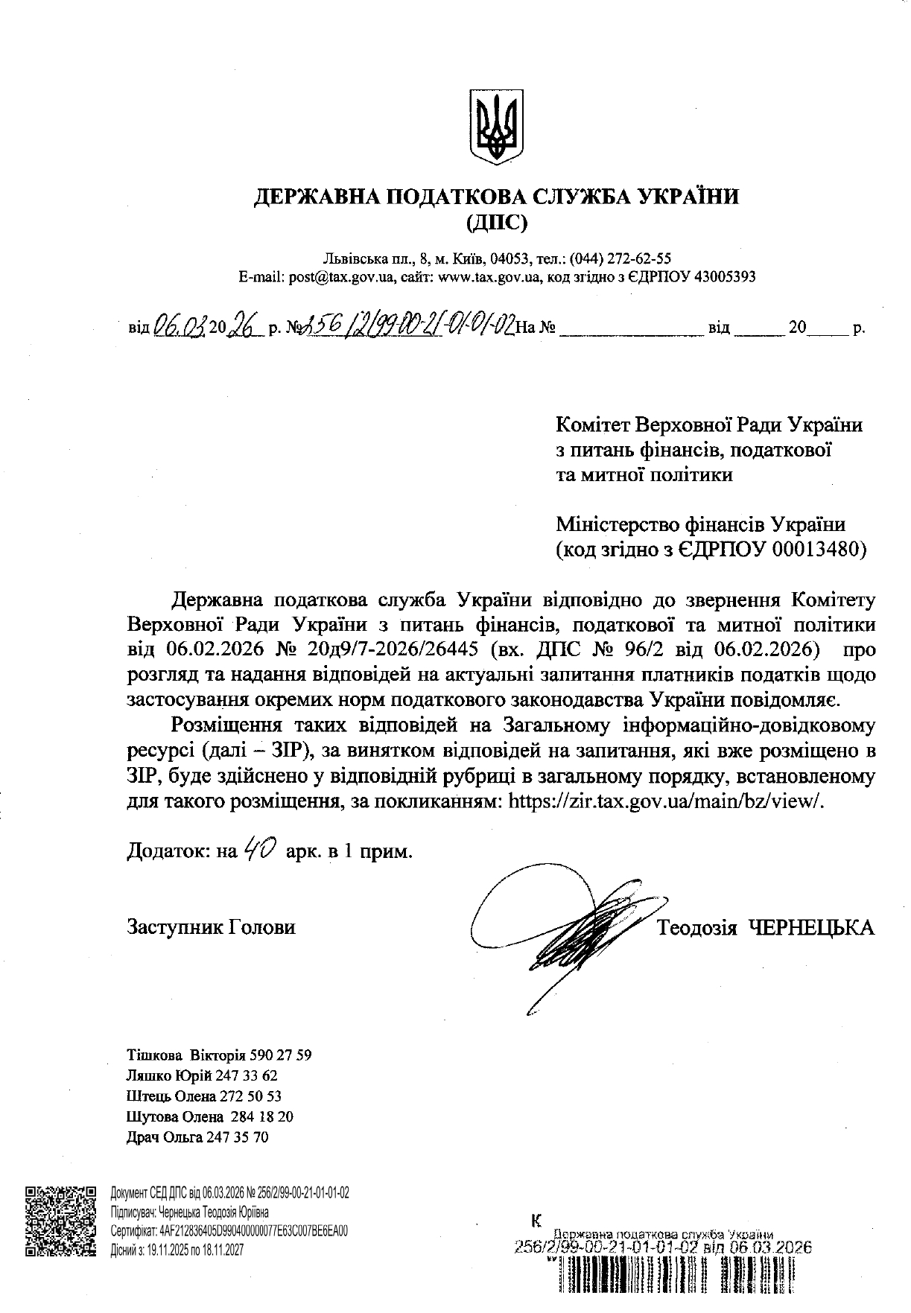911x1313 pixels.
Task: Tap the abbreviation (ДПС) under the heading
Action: point(496,221)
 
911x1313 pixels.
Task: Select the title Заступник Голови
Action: point(211,927)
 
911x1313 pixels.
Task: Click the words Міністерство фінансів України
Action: point(701,524)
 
